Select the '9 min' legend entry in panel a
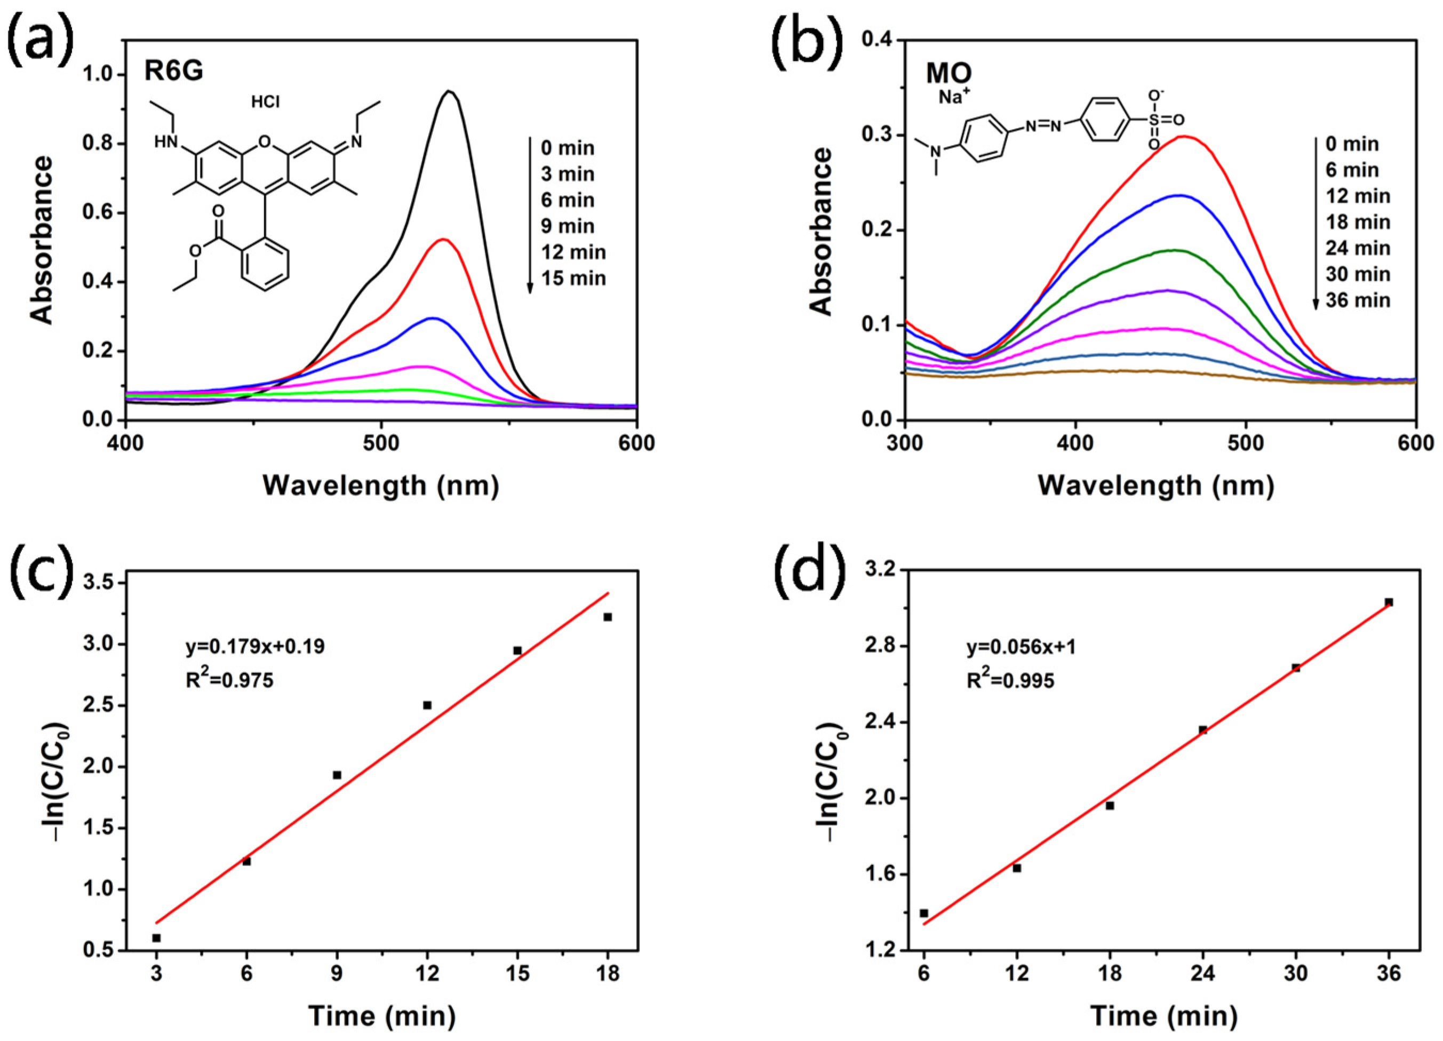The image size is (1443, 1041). point(567,226)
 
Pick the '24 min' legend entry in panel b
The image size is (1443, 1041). point(1357,248)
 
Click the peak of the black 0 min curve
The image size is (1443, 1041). point(449,92)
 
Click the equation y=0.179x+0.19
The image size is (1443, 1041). point(254,647)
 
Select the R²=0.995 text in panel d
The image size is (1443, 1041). point(1010,681)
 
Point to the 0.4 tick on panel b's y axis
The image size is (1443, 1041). point(878,41)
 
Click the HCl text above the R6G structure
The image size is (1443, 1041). point(265,102)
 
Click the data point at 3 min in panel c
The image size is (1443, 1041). point(156,938)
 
